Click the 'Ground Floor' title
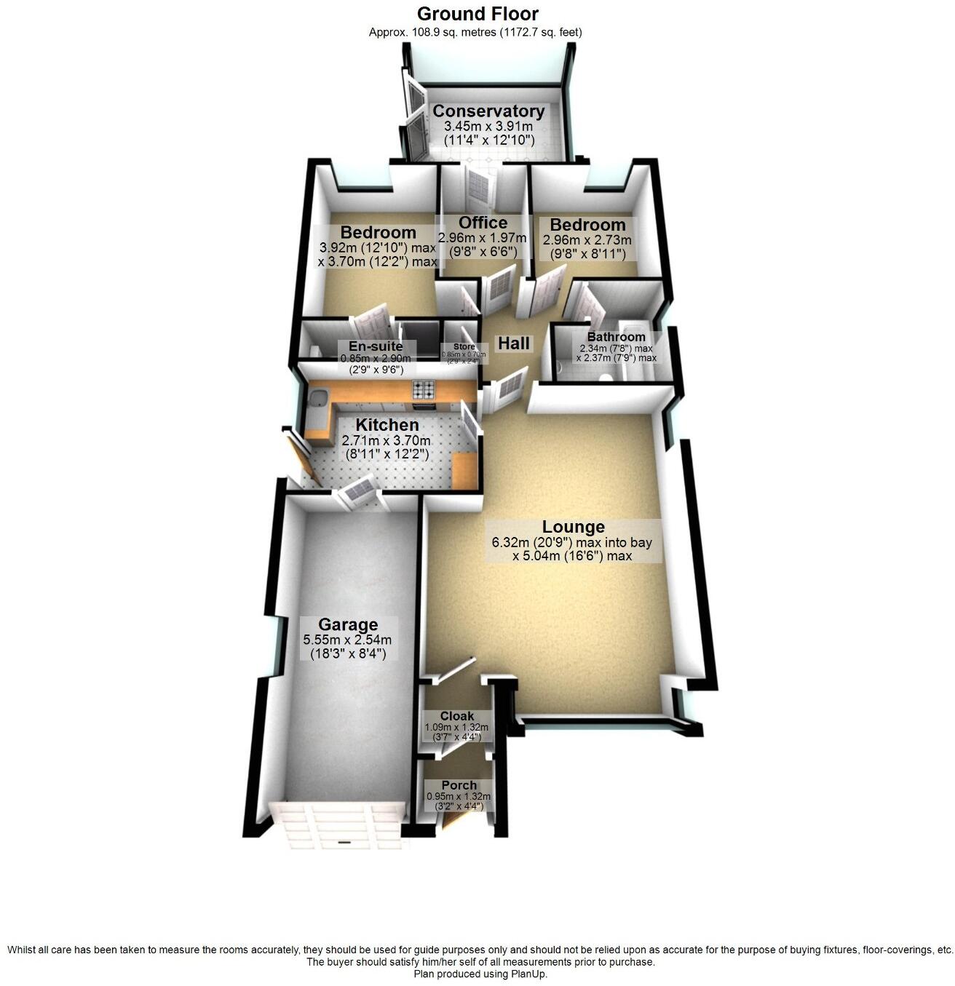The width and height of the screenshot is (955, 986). pos(477,13)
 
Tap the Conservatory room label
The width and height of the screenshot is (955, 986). pos(488,111)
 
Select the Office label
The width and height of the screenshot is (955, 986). pos(483,223)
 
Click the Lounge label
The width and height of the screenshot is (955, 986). pos(574,527)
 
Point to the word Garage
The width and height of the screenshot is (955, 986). pos(348,624)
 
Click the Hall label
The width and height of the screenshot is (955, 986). pos(513,343)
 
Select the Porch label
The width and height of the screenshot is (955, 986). pos(459,785)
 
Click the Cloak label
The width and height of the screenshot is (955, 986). pos(457,716)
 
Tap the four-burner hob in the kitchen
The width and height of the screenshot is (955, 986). pos(424,390)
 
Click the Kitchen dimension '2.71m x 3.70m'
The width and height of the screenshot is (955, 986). pos(386,440)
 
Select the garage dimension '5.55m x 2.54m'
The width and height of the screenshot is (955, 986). pos(347,640)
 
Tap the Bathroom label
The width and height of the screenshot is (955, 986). pos(616,337)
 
